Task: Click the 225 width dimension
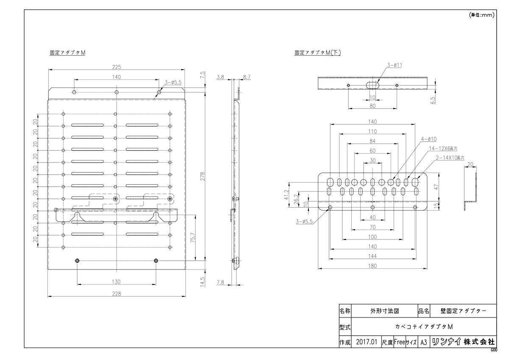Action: coord(117,67)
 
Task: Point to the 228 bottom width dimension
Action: coord(117,293)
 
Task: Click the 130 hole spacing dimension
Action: coord(117,281)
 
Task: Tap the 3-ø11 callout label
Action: coord(394,65)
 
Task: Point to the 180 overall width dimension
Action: coord(372,266)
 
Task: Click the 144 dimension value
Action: coord(372,256)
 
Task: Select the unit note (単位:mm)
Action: coord(482,15)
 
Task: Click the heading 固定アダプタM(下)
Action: coord(318,53)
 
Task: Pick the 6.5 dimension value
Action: coord(433,100)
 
